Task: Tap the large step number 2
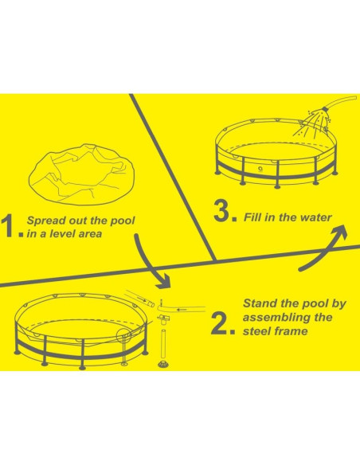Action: [219, 323]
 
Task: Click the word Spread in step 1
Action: [46, 221]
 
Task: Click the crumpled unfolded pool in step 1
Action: [82, 174]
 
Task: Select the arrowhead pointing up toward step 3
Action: [339, 231]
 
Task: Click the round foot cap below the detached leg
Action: [162, 364]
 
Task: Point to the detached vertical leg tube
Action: [163, 343]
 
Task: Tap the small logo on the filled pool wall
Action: [260, 170]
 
